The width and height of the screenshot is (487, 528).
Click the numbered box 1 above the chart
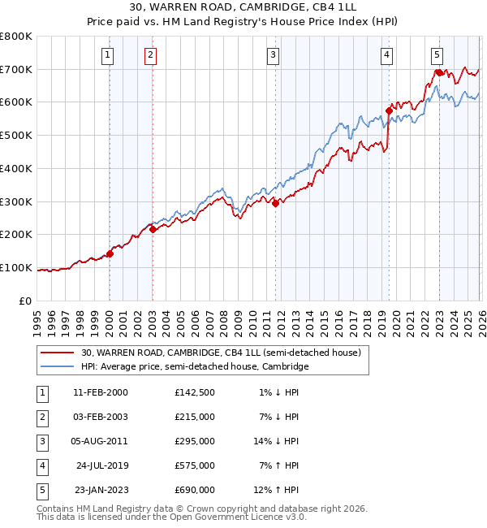click(x=108, y=55)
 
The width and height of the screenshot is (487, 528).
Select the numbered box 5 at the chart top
click(x=437, y=55)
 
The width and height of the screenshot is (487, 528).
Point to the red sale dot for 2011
click(x=275, y=203)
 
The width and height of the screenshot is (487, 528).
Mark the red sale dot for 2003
click(x=153, y=230)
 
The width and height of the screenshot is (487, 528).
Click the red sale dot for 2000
click(x=110, y=253)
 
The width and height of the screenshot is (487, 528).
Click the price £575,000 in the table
click(x=195, y=466)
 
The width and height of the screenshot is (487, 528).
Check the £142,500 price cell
click(x=195, y=392)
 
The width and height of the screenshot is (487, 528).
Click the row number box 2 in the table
click(x=41, y=417)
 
